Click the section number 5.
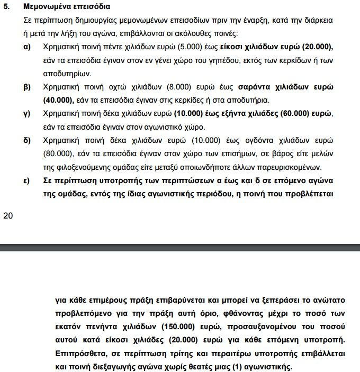(6, 8)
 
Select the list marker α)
(26, 47)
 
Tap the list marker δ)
(26, 141)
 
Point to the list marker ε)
(26, 180)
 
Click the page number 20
(7, 215)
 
